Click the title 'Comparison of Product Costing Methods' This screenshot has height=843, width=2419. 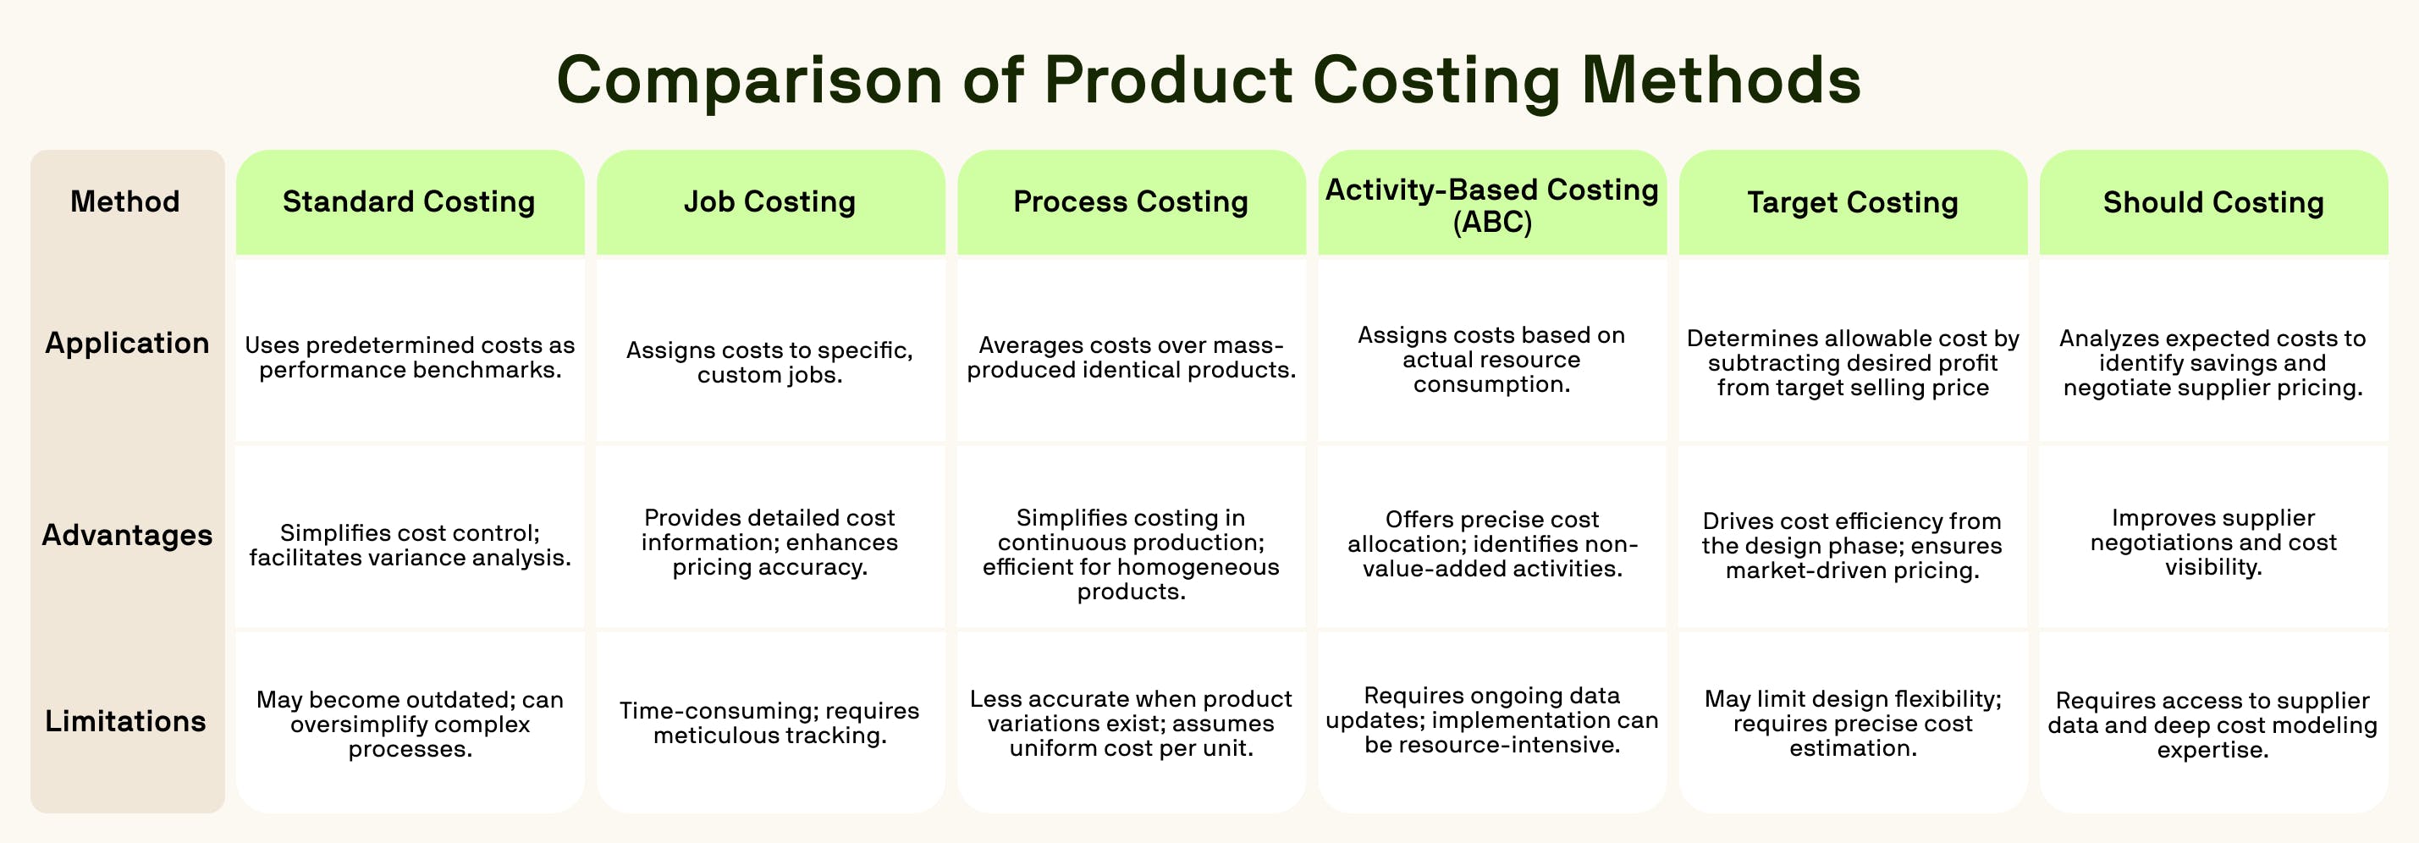(x=1209, y=80)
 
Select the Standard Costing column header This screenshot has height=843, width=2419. (x=410, y=201)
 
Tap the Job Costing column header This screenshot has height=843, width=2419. (x=770, y=201)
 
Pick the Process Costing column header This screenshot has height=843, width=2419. (x=1131, y=201)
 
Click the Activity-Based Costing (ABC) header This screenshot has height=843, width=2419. (x=1491, y=205)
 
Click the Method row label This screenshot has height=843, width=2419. (x=125, y=201)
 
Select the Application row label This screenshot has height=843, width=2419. (x=127, y=344)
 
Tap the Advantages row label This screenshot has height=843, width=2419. (x=127, y=535)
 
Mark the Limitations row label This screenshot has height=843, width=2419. (x=126, y=721)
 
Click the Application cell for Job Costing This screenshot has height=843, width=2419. (x=770, y=362)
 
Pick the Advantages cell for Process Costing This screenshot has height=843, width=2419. (x=1131, y=554)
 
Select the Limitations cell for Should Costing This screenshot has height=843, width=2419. (x=2212, y=725)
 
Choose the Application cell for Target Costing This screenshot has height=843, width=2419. (x=1852, y=362)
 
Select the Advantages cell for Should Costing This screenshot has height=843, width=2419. (x=2212, y=543)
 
